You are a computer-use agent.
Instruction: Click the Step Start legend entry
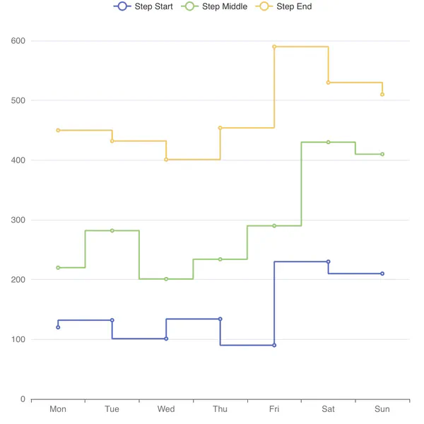(x=143, y=6)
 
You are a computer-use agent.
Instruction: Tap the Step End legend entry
(x=285, y=6)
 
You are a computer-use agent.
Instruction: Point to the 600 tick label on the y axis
(x=18, y=41)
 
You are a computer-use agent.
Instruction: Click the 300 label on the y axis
(x=18, y=220)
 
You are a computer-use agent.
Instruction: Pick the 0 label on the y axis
(x=23, y=399)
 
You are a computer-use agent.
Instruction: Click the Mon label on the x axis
(x=58, y=409)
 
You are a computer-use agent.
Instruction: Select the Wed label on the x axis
(x=166, y=409)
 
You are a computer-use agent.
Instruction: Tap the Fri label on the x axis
(x=274, y=409)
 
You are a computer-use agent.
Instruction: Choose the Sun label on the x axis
(x=382, y=409)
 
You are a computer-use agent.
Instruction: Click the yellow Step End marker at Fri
(x=274, y=47)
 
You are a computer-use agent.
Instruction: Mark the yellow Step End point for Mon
(x=58, y=130)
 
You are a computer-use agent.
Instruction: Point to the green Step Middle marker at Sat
(x=329, y=142)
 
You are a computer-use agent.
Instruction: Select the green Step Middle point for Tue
(x=112, y=230)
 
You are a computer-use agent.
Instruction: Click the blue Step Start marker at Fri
(x=274, y=345)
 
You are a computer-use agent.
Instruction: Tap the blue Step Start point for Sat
(x=329, y=261)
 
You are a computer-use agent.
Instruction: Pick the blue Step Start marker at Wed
(x=166, y=338)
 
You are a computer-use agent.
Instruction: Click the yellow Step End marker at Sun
(x=382, y=94)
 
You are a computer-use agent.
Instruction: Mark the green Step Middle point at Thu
(x=220, y=259)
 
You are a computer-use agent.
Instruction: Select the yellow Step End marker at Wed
(x=166, y=160)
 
